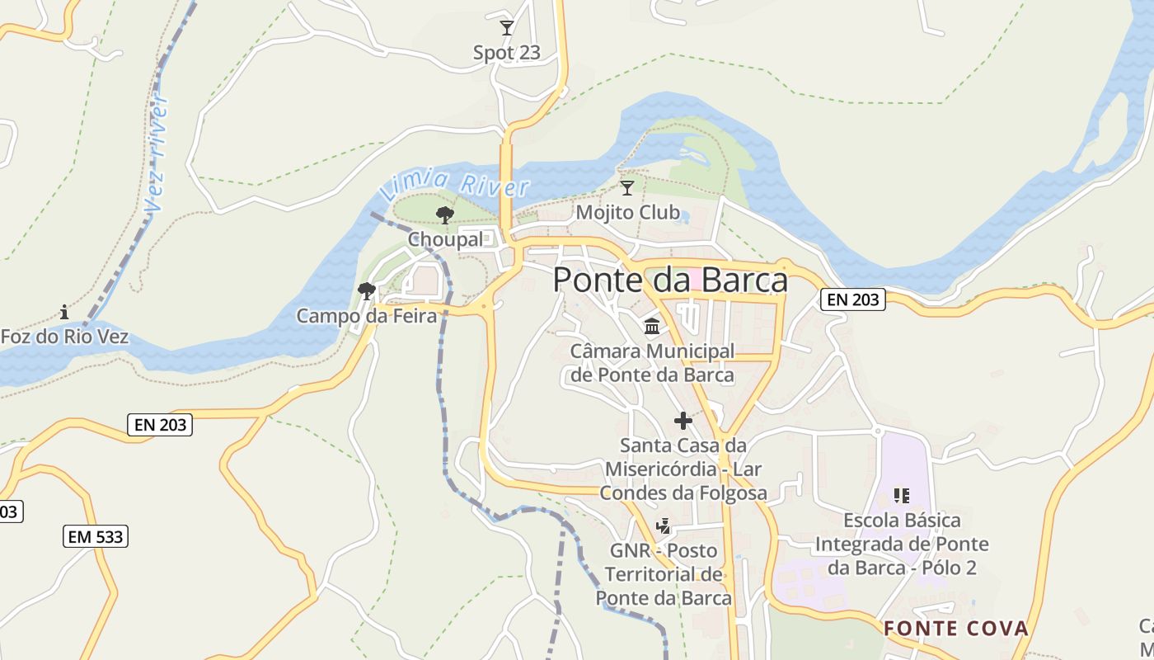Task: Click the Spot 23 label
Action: pos(506,53)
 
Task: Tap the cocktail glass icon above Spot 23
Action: pos(507,28)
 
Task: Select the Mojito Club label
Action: pos(627,213)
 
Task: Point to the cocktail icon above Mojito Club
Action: pos(627,188)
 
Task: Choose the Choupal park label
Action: pos(445,239)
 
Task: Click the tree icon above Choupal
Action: pos(445,216)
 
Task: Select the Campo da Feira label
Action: pos(366,315)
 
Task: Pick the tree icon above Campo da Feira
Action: pos(367,291)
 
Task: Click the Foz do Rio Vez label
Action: pos(64,337)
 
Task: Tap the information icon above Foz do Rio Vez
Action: pos(64,312)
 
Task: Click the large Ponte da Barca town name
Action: pos(669,280)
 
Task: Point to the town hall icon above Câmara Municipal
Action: pos(652,327)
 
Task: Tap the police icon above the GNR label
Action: pos(663,526)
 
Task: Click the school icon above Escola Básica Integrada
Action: pos(902,496)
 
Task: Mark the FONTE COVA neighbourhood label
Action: pos(956,629)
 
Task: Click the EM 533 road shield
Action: pos(96,537)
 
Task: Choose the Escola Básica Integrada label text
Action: pos(902,544)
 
